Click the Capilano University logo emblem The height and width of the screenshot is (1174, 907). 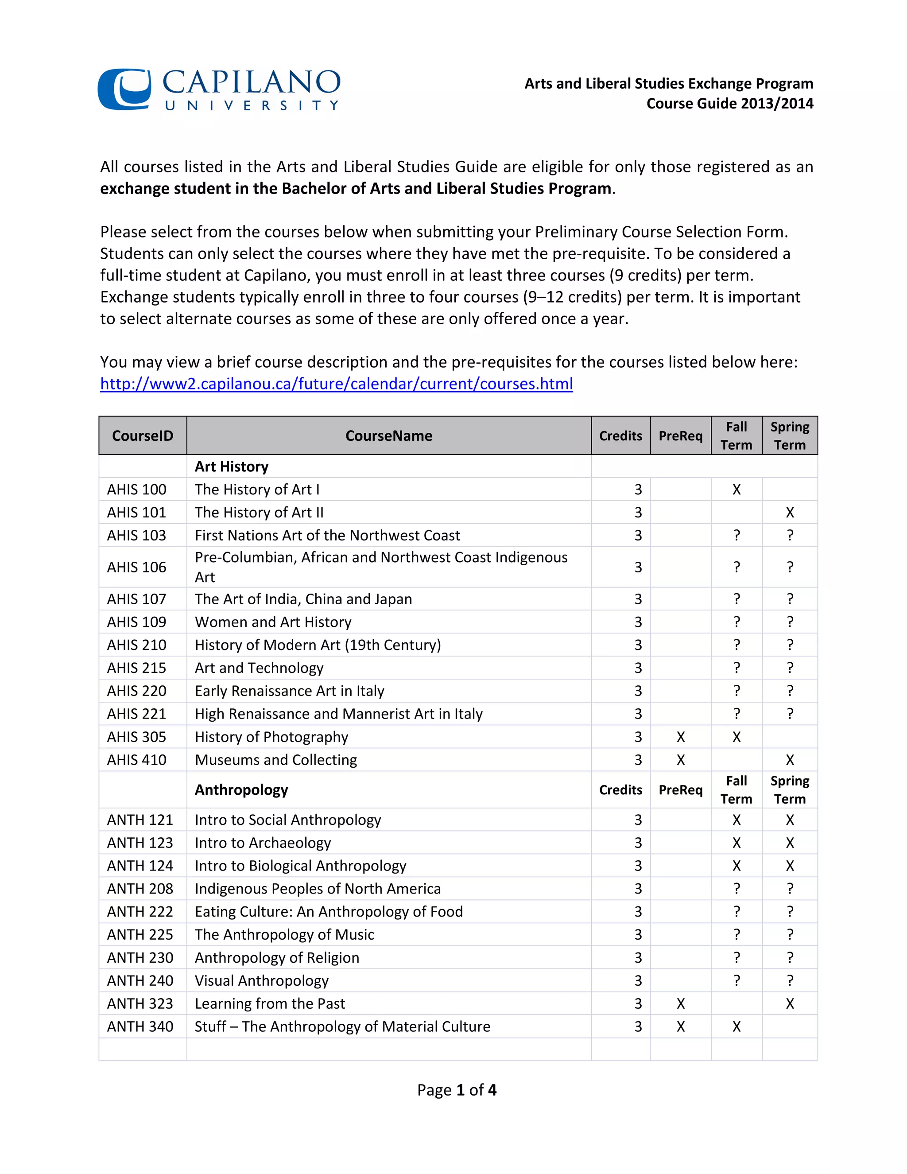click(x=124, y=89)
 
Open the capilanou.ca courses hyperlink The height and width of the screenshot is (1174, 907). click(x=337, y=384)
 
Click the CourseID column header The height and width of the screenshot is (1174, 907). click(x=143, y=435)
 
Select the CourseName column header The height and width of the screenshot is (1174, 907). click(x=388, y=435)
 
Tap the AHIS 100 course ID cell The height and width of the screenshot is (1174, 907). click(x=136, y=490)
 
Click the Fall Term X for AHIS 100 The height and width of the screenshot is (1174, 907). click(x=736, y=490)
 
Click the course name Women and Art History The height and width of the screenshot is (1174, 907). click(x=273, y=622)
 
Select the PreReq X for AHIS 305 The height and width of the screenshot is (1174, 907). click(x=680, y=737)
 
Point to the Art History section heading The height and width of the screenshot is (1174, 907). click(x=232, y=466)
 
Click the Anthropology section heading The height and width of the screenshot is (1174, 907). click(x=241, y=789)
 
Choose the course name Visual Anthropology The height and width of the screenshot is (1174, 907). click(x=262, y=980)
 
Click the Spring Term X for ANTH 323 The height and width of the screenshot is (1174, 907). click(x=789, y=1003)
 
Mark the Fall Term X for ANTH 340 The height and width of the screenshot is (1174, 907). click(x=736, y=1027)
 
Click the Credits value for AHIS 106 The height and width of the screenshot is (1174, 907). click(x=638, y=568)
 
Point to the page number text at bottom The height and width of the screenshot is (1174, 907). click(x=457, y=1090)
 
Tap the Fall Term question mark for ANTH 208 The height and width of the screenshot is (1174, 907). click(x=736, y=889)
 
